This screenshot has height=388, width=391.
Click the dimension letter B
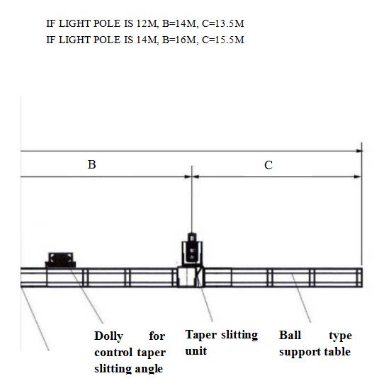click(x=92, y=165)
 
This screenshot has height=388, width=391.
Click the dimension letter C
click(x=268, y=165)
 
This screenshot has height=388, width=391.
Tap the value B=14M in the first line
click(x=179, y=23)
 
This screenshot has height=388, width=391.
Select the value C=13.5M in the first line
click(x=223, y=23)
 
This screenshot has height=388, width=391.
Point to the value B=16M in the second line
click(x=179, y=40)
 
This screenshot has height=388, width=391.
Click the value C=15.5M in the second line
click(x=223, y=40)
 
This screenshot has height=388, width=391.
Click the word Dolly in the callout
click(x=108, y=336)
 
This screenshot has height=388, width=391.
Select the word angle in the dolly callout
click(x=149, y=369)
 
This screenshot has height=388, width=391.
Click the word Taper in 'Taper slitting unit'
click(x=201, y=335)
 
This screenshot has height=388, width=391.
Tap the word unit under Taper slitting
click(x=196, y=351)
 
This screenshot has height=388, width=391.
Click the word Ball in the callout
click(x=290, y=335)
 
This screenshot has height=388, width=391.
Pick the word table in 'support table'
click(x=337, y=352)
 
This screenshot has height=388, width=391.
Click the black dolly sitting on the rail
click(x=60, y=260)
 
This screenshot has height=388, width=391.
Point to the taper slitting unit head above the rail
click(x=192, y=249)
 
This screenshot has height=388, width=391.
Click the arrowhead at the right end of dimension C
click(x=358, y=177)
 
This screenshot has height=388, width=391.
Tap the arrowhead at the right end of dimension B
click(x=188, y=177)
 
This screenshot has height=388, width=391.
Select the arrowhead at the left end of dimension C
click(x=195, y=177)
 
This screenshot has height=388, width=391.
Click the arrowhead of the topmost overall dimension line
click(x=359, y=151)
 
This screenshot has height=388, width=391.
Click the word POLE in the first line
click(x=107, y=23)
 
